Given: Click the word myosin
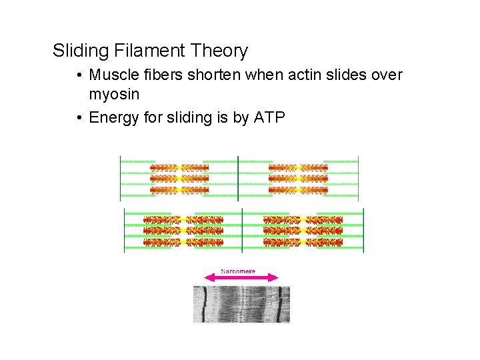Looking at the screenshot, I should (114, 95).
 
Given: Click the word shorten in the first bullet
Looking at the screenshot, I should (215, 75).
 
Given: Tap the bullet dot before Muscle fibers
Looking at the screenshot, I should (79, 75).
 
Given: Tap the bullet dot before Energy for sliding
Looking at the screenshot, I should (79, 118).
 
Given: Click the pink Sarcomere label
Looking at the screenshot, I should (239, 271).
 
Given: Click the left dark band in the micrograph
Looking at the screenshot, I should (205, 304).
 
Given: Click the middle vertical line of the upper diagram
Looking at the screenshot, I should (238, 178).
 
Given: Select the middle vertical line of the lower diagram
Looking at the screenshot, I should (243, 230).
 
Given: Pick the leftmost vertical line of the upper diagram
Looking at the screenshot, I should (120, 178).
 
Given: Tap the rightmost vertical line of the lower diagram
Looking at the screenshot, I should (364, 230).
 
